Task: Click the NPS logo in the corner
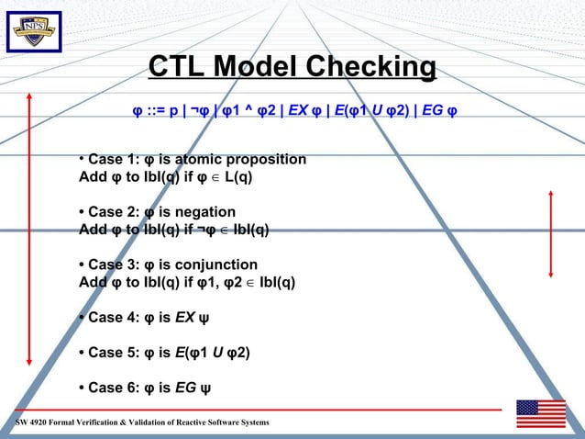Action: pyautogui.click(x=34, y=32)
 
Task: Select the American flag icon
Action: pyautogui.click(x=540, y=413)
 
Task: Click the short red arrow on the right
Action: pyautogui.click(x=550, y=233)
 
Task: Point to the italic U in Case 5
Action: pyautogui.click(x=217, y=353)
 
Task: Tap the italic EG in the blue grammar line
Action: pyautogui.click(x=433, y=112)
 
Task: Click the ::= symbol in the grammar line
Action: pyautogui.click(x=155, y=112)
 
